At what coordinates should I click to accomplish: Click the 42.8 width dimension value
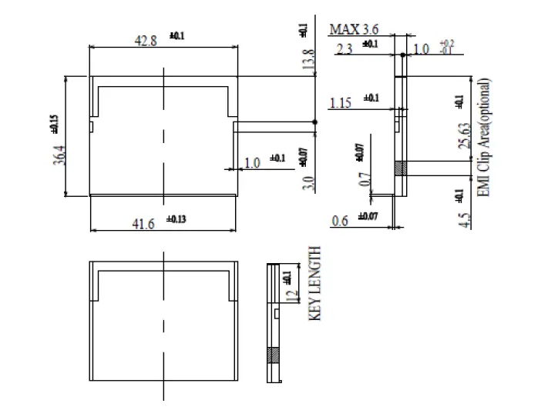coord(146,41)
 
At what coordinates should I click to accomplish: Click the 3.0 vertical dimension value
coord(309,184)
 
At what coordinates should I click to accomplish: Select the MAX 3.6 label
coord(354,29)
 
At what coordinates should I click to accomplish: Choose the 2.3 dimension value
coord(345,48)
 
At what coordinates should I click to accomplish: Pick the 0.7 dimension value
coord(365,181)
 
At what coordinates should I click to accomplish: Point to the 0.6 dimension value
coord(340,221)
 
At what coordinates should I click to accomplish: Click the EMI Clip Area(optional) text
coord(484,137)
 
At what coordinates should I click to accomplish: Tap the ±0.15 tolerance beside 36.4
coord(54,125)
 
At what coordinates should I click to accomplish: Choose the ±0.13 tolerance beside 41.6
coord(176,219)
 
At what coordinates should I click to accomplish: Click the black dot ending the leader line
coord(315,122)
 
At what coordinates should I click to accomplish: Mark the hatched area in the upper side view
coord(399,168)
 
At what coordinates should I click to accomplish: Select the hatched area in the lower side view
coord(271,356)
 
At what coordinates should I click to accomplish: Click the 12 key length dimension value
coord(290,296)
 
